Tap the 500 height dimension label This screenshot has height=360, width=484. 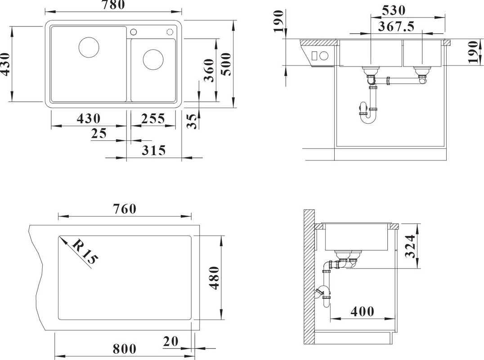click(x=226, y=64)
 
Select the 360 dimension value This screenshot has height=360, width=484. click(x=209, y=70)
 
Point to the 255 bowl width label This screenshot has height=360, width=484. click(x=153, y=118)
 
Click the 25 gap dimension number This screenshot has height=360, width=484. click(x=99, y=133)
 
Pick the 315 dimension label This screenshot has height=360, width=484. click(x=154, y=150)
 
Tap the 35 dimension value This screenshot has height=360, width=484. click(x=192, y=121)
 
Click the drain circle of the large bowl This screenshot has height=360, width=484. click(x=89, y=47)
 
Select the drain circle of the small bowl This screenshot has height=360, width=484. click(x=153, y=59)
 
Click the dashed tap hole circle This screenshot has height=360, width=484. click(x=170, y=32)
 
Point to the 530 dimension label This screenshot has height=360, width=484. click(x=394, y=10)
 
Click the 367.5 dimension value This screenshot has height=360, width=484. click(x=396, y=27)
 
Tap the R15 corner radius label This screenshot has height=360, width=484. click(x=84, y=252)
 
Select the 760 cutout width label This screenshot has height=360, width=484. click(x=125, y=209)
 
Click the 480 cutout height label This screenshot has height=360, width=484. click(x=214, y=278)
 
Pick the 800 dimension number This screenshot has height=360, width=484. click(x=125, y=349)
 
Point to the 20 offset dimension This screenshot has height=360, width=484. click(x=170, y=342)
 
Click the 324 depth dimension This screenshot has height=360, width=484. click(x=410, y=246)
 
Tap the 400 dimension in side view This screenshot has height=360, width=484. click(x=363, y=311)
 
